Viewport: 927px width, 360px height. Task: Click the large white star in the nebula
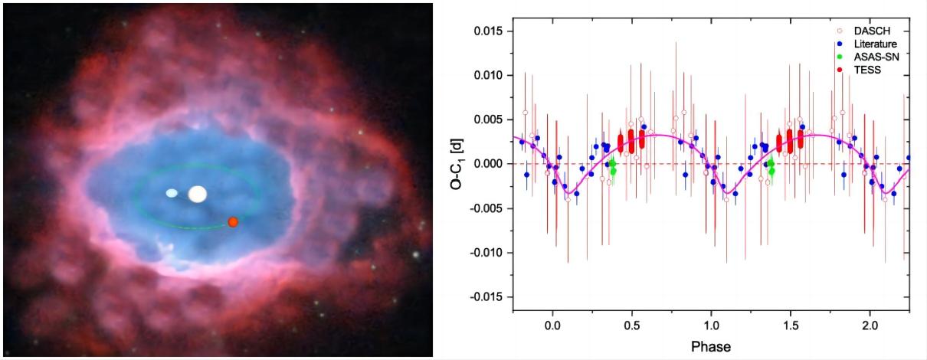(198, 194)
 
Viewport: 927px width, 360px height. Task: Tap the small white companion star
(172, 193)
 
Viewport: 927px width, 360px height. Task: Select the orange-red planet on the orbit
(233, 221)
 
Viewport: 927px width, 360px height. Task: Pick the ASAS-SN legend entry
(873, 57)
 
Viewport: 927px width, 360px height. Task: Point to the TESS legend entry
(866, 70)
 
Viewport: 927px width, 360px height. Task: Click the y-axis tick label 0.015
(486, 31)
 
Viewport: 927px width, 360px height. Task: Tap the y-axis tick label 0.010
(486, 76)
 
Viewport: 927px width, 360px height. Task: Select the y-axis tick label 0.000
(486, 164)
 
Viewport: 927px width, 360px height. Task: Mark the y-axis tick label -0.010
(483, 253)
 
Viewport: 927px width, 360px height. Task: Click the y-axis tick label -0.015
(483, 296)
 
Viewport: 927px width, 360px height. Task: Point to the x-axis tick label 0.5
(631, 325)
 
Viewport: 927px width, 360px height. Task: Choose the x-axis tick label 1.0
(711, 325)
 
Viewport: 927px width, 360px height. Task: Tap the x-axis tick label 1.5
(790, 325)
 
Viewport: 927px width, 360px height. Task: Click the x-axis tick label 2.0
(870, 325)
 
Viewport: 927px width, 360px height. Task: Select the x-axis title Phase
(710, 346)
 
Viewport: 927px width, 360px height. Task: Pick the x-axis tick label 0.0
(552, 325)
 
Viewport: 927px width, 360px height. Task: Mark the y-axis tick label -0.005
(483, 208)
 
